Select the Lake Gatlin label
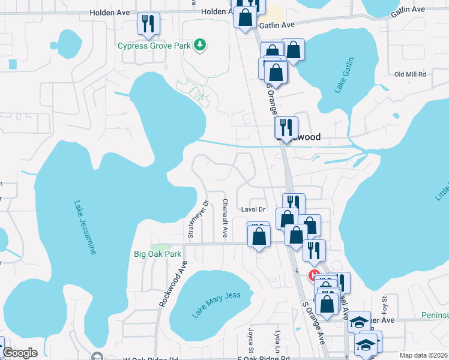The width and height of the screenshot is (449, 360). point(344,76)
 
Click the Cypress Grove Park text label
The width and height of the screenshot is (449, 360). point(154,45)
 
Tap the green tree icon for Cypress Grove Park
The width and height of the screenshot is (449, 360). point(200,44)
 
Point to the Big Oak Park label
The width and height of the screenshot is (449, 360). point(157,254)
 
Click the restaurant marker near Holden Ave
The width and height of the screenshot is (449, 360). point(146,23)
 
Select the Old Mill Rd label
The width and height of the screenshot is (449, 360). point(409,74)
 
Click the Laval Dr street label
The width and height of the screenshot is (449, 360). point(253,209)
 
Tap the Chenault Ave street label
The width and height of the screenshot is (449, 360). point(225,218)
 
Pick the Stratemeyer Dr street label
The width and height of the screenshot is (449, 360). point(190,219)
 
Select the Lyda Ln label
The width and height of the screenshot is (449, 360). point(278,340)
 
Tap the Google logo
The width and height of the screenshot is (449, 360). point(20,353)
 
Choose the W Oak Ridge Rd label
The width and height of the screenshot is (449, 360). point(146,359)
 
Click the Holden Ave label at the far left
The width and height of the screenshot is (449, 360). point(110,12)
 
